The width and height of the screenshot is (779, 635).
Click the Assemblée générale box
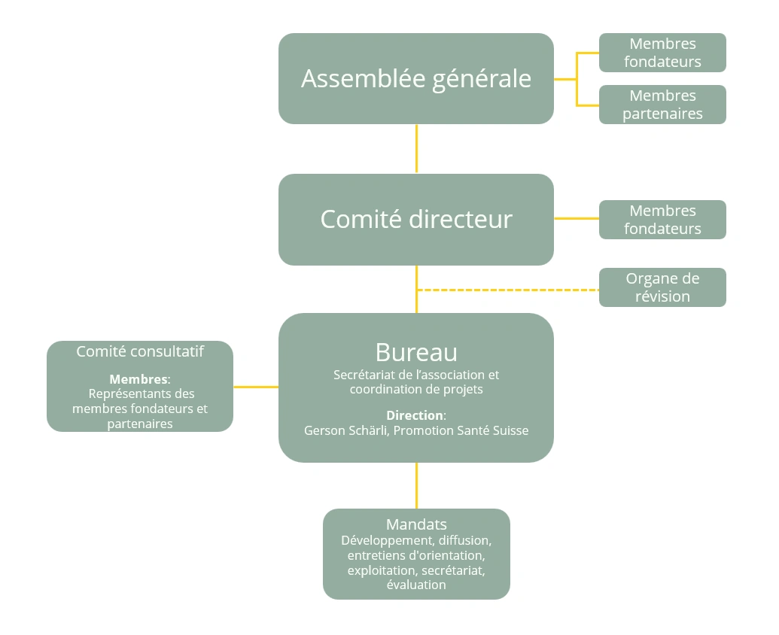tap(415, 79)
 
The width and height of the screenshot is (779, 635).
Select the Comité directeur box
tap(415, 220)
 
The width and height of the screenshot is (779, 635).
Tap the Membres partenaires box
tap(662, 105)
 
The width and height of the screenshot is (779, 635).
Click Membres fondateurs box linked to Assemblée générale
tap(662, 53)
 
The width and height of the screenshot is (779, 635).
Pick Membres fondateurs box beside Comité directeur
tap(662, 220)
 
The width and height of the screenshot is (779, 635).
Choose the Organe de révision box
tap(662, 287)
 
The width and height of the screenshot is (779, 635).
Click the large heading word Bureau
tap(415, 352)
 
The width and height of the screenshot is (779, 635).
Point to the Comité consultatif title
tap(140, 351)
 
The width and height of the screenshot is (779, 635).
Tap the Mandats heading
tap(416, 524)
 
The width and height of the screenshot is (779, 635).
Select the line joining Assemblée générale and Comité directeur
tap(416, 149)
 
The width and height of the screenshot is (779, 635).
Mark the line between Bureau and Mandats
tap(416, 485)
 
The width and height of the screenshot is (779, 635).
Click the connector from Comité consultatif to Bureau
tap(256, 387)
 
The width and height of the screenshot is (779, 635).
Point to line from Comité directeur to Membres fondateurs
tap(577, 218)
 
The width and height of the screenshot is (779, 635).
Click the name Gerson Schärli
tap(345, 431)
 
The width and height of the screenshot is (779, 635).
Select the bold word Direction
tap(415, 415)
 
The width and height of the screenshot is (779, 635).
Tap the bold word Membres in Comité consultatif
tap(138, 379)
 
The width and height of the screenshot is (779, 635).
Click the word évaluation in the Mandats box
tap(416, 585)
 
